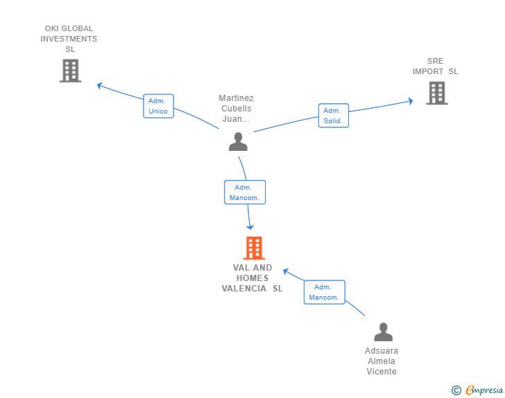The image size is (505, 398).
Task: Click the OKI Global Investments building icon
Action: coord(71,71)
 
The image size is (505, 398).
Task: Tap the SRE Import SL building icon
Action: coord(437,93)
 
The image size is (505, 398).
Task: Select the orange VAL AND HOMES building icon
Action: coord(254,248)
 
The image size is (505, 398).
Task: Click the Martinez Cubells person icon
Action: coord(238,141)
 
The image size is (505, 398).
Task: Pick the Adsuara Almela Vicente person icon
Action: coord(383,332)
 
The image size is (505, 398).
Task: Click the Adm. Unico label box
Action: coord(158,106)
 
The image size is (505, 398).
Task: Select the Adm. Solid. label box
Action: coord(334,116)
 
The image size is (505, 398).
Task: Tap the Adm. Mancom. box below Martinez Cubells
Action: coord(245,192)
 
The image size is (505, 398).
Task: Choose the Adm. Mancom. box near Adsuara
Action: coord(325,292)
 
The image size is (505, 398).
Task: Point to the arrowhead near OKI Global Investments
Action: coord(100,86)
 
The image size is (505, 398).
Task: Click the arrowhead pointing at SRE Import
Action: coord(411,101)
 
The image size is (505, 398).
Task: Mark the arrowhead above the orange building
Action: coord(250,227)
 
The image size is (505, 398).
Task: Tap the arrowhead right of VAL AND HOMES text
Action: coord(286,271)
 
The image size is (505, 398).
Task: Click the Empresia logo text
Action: coord(484,390)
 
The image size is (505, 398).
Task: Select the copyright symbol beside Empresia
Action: coord(456,390)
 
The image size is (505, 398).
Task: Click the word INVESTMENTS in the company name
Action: coord(69,39)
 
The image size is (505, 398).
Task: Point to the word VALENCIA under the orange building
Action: coord(243,289)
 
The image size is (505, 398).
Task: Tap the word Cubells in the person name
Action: coord(236,109)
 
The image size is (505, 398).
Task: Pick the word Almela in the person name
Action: coord(382,361)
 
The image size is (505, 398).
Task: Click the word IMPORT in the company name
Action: coord(428,71)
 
